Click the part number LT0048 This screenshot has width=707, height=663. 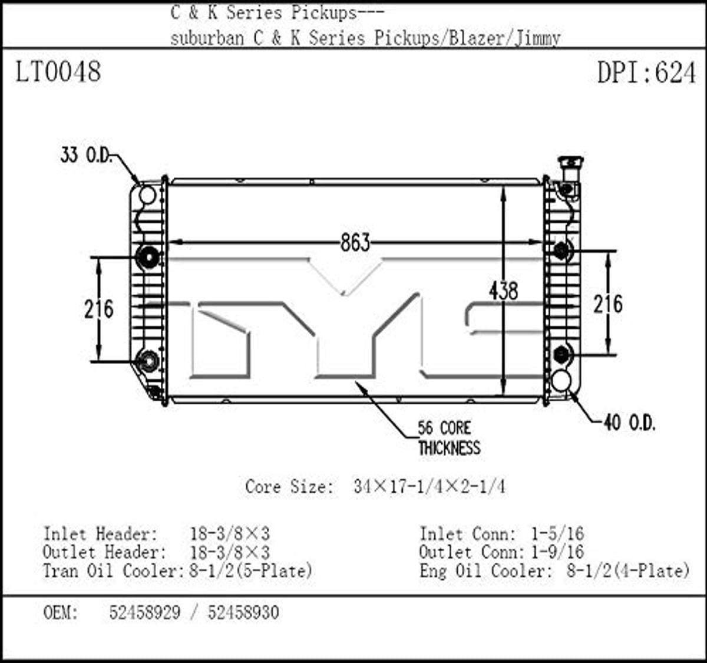[58, 72]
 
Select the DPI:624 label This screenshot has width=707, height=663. [646, 72]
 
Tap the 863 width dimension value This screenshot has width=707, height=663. [355, 243]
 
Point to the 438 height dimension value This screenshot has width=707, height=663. [503, 291]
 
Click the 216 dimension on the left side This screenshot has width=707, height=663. [99, 309]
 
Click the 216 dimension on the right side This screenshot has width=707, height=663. [607, 304]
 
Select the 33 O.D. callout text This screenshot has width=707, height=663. [87, 156]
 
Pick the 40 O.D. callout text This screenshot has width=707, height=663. [629, 423]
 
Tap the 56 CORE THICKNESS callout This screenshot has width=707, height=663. [450, 438]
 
